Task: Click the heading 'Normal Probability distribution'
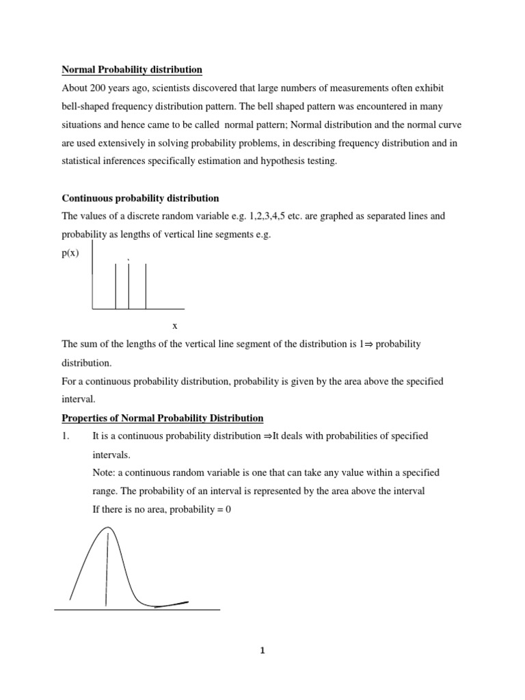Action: coord(132,70)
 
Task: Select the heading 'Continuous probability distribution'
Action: coord(140,198)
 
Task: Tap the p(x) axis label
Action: coord(70,252)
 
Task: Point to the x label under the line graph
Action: coord(175,326)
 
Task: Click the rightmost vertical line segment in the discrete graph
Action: coord(146,286)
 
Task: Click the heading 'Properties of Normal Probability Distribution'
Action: coord(163,418)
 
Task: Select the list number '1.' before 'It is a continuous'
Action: coord(66,436)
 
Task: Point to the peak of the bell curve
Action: coord(107,528)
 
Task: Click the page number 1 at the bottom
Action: coord(262,651)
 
